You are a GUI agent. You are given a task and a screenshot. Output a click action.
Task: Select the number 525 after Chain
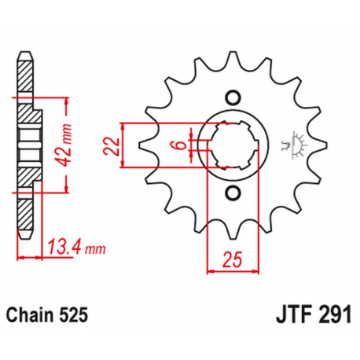(78, 314)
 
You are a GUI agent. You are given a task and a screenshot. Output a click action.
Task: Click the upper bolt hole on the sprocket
(231, 97)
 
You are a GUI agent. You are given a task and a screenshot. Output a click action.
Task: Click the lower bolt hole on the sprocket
(231, 193)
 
